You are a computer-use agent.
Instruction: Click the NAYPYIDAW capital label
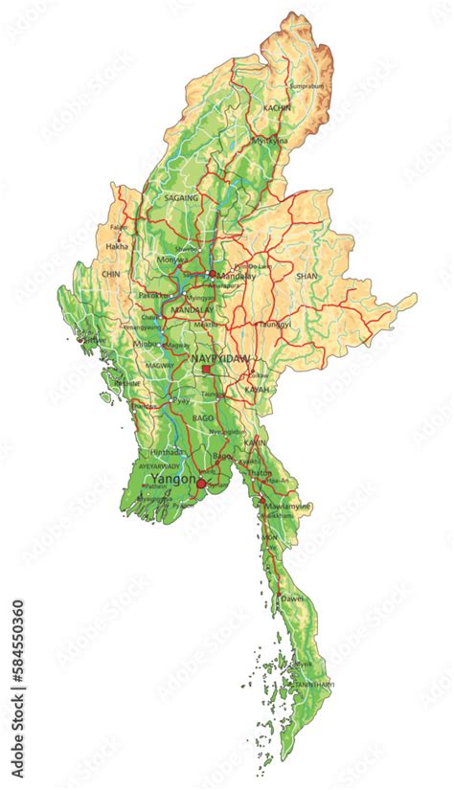coord(221,357)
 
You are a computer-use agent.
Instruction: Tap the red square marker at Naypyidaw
coord(205,369)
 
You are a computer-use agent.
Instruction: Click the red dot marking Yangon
coord(201,485)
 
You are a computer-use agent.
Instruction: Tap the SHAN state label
coord(306,275)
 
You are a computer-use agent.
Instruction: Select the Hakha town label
coord(116,246)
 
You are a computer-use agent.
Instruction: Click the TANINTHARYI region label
coord(314,684)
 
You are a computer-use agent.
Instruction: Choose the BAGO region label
coord(202,418)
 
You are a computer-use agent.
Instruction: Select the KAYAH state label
coord(257,390)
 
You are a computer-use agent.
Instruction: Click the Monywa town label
coord(172,260)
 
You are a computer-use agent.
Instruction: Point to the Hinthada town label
coord(168,451)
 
